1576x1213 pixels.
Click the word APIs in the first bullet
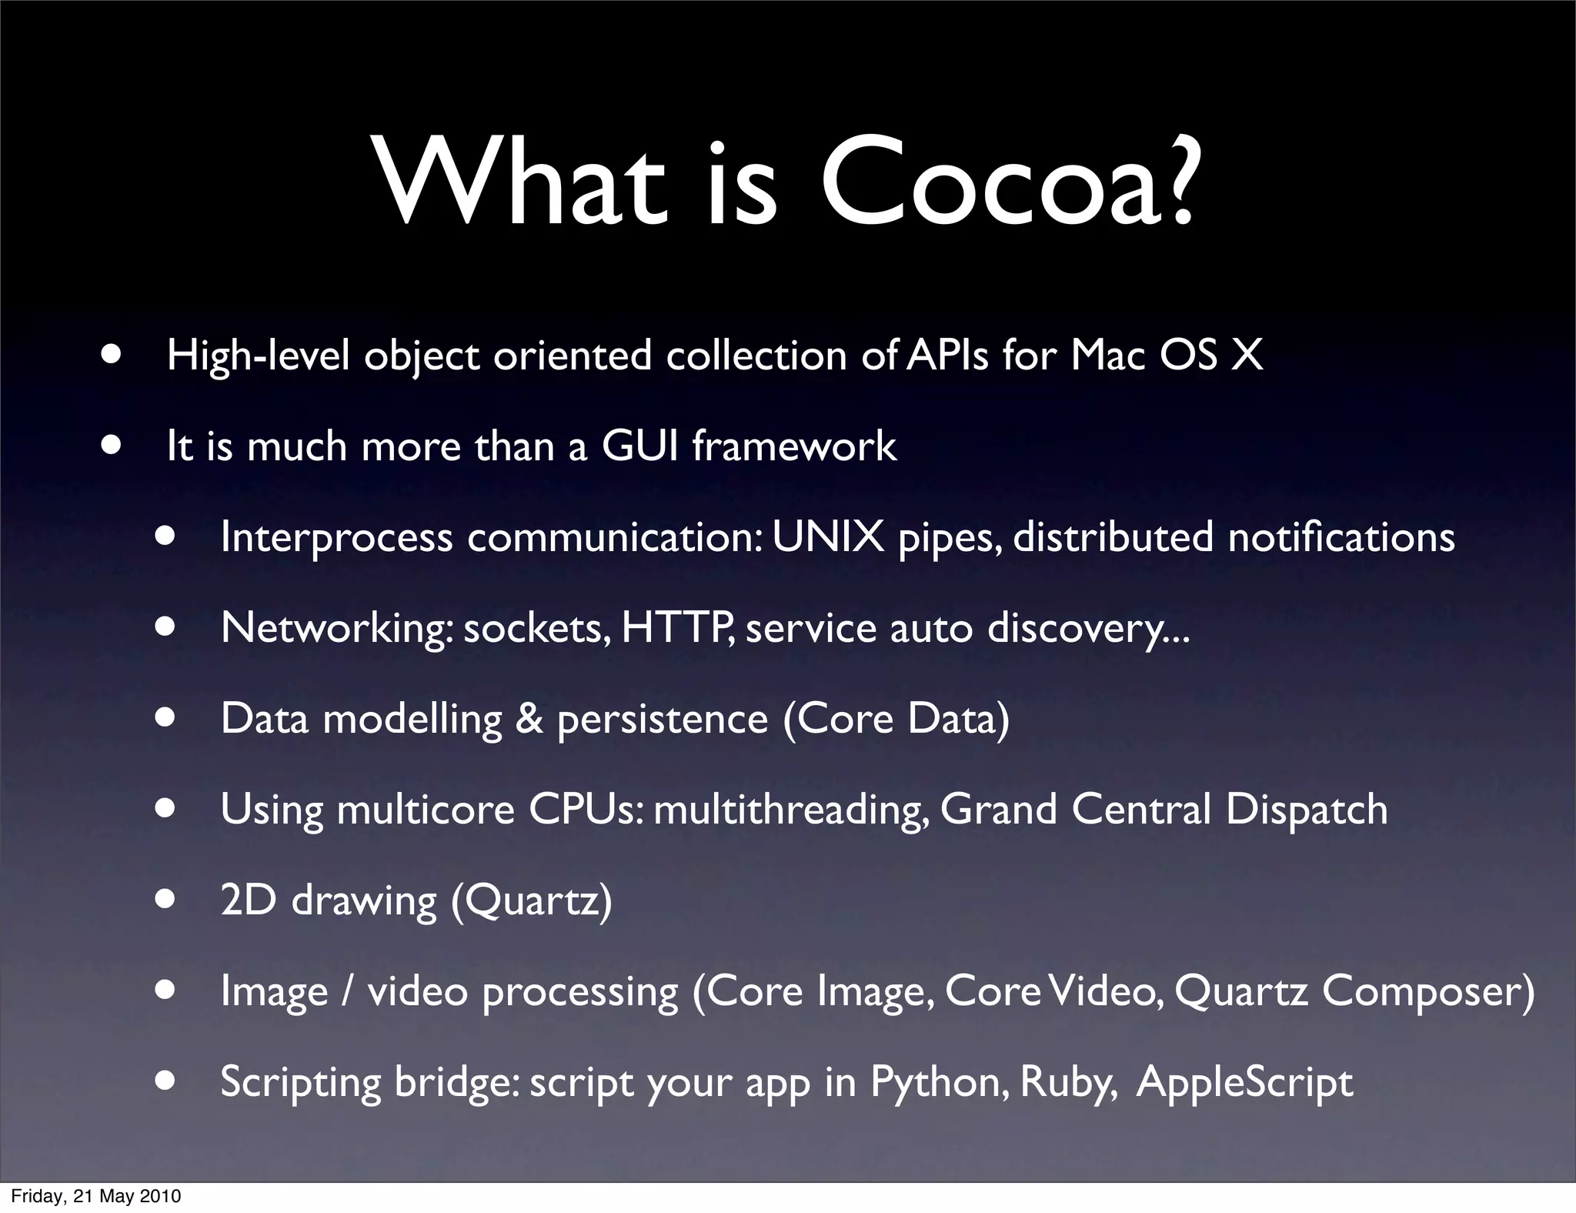pos(947,356)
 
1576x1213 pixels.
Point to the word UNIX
pos(828,537)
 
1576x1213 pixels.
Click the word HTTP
pos(676,628)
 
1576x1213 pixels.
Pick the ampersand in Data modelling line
pos(529,719)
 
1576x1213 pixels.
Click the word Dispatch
pos(1307,810)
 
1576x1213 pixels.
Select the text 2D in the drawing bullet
pos(248,900)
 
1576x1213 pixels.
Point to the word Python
pos(938,1082)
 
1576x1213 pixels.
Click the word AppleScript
pos(1244,1082)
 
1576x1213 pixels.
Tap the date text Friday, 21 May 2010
pos(96,1196)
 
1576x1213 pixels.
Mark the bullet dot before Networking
pos(165,627)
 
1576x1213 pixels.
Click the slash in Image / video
pos(348,991)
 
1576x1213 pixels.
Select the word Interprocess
pos(336,537)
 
